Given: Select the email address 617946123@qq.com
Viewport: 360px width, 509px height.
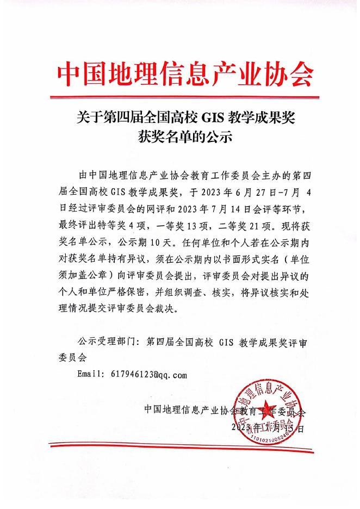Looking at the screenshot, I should tap(148, 375).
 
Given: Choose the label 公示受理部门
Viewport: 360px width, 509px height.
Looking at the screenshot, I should tap(105, 343).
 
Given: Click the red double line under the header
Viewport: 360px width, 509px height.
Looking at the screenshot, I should tap(180, 98).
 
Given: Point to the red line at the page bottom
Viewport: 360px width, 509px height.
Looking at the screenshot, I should tap(180, 448).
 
